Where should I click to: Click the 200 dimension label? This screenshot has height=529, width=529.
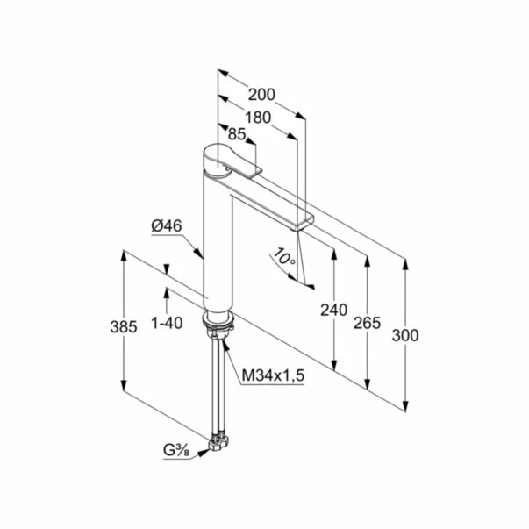pyautogui.click(x=261, y=95)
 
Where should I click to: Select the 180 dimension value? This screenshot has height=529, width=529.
pyautogui.click(x=258, y=118)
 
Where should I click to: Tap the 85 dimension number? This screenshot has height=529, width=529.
pyautogui.click(x=237, y=134)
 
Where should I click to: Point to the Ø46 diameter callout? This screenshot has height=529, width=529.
pyautogui.click(x=167, y=225)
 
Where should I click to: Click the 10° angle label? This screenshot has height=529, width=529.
pyautogui.click(x=284, y=257)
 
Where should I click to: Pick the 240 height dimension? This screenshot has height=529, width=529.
pyautogui.click(x=333, y=310)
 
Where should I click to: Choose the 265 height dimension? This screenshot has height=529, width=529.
pyautogui.click(x=367, y=323)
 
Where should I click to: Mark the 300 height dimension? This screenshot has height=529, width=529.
pyautogui.click(x=405, y=335)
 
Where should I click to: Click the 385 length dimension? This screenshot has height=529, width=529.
pyautogui.click(x=124, y=327)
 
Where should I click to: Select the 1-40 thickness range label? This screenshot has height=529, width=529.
pyautogui.click(x=167, y=323)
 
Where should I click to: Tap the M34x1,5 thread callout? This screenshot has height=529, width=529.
pyautogui.click(x=273, y=375)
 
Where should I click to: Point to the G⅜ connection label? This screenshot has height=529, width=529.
pyautogui.click(x=176, y=451)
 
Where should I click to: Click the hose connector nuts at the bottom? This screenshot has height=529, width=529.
pyautogui.click(x=218, y=442)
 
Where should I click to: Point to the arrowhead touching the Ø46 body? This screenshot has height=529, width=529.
pyautogui.click(x=198, y=253)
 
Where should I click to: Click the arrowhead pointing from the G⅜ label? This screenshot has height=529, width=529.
pyautogui.click(x=204, y=453)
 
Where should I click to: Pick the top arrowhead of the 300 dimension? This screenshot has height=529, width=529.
pyautogui.click(x=405, y=265)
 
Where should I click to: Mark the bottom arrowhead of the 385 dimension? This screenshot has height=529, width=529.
pyautogui.click(x=124, y=386)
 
